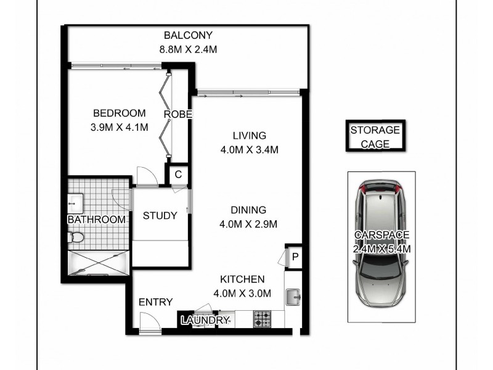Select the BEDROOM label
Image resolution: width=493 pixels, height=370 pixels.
point(119,113)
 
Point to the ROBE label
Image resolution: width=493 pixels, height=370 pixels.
point(178,115)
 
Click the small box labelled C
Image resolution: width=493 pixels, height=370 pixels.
point(178,175)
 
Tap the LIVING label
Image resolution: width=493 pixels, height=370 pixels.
point(249,136)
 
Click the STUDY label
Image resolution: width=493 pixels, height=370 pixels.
point(160,216)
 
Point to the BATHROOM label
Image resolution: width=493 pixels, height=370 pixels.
point(96,220)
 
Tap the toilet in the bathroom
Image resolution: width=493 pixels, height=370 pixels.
point(77,237)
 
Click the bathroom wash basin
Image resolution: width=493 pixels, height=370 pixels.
point(77,201)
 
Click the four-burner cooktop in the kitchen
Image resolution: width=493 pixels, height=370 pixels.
point(263,319)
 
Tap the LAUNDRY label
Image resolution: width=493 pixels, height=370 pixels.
point(205,321)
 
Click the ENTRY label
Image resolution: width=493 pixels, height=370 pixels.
point(155,302)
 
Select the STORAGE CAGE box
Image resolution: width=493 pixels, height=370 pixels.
point(375,137)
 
